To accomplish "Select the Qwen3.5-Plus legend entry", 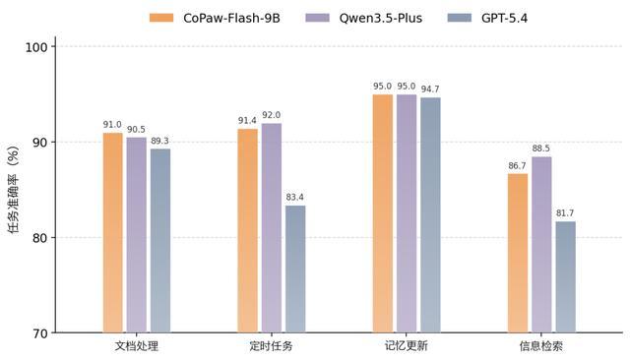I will (x=365, y=17).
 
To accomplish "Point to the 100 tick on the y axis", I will (x=36, y=47).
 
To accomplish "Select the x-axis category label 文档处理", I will (x=136, y=347).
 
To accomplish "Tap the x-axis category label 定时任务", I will (x=271, y=347).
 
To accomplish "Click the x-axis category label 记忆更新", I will (x=406, y=347).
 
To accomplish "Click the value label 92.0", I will (x=272, y=115).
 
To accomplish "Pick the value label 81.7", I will (x=565, y=213).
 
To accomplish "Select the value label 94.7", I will (x=430, y=90).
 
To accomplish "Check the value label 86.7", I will (x=518, y=166).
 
